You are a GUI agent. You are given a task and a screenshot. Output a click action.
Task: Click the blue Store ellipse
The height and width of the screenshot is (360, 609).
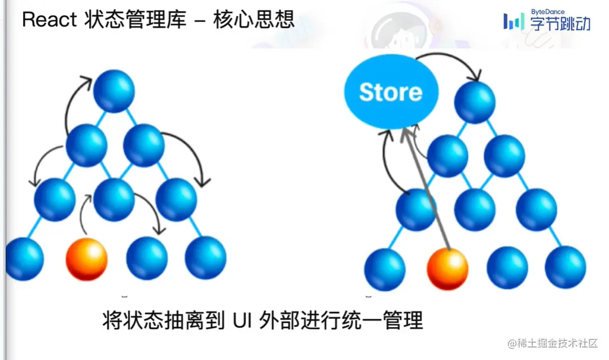391,91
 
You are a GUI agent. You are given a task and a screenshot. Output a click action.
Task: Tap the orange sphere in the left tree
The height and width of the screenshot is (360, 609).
86,259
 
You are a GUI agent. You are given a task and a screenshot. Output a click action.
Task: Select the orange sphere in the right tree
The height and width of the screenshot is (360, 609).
448,269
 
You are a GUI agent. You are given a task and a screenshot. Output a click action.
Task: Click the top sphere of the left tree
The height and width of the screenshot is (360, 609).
114,91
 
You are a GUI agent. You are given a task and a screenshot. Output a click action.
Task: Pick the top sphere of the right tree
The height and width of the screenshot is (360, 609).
475,103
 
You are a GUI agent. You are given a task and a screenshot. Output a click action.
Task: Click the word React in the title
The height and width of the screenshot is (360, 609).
49,19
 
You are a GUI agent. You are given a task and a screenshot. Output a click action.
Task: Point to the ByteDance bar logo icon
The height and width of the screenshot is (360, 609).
514,22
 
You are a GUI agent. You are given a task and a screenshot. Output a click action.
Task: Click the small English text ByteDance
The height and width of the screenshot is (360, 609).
547,12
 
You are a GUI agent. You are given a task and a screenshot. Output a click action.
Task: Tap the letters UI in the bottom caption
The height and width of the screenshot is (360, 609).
241,321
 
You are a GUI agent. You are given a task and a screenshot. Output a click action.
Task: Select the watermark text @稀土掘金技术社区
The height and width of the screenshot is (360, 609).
553,343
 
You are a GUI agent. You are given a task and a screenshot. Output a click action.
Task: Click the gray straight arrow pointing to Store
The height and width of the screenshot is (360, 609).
426,188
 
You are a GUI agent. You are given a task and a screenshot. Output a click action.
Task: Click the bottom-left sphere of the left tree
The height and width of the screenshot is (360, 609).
24,259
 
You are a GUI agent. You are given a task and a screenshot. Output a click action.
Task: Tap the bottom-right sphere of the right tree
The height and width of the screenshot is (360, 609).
565,267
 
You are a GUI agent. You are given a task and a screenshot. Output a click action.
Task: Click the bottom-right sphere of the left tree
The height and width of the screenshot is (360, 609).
205,257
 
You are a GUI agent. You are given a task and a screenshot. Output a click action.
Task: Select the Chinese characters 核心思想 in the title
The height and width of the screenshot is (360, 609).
254,19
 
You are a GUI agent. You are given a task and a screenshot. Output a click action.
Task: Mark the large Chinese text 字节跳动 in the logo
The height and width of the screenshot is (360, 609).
560,24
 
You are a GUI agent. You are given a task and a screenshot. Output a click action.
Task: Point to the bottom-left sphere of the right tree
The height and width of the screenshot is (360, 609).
385,270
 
